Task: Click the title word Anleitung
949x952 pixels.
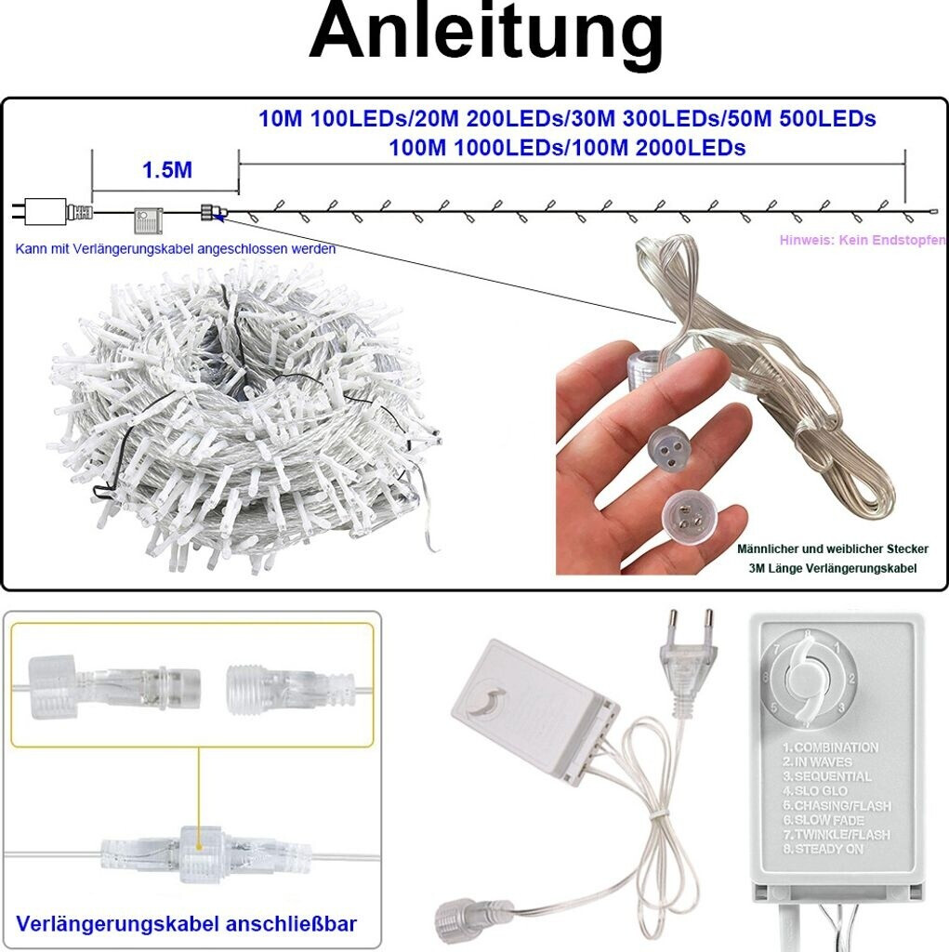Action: [486, 34]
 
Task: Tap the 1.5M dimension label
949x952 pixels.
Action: [166, 169]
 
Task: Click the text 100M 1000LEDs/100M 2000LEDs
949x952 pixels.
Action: [566, 147]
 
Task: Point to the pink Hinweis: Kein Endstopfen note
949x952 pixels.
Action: [862, 240]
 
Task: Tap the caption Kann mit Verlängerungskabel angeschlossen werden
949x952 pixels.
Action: [176, 249]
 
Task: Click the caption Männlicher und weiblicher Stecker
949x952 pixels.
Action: [832, 549]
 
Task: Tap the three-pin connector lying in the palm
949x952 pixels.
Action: [687, 512]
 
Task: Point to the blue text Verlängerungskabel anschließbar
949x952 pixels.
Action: [187, 924]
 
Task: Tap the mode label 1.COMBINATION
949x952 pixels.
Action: [830, 747]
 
